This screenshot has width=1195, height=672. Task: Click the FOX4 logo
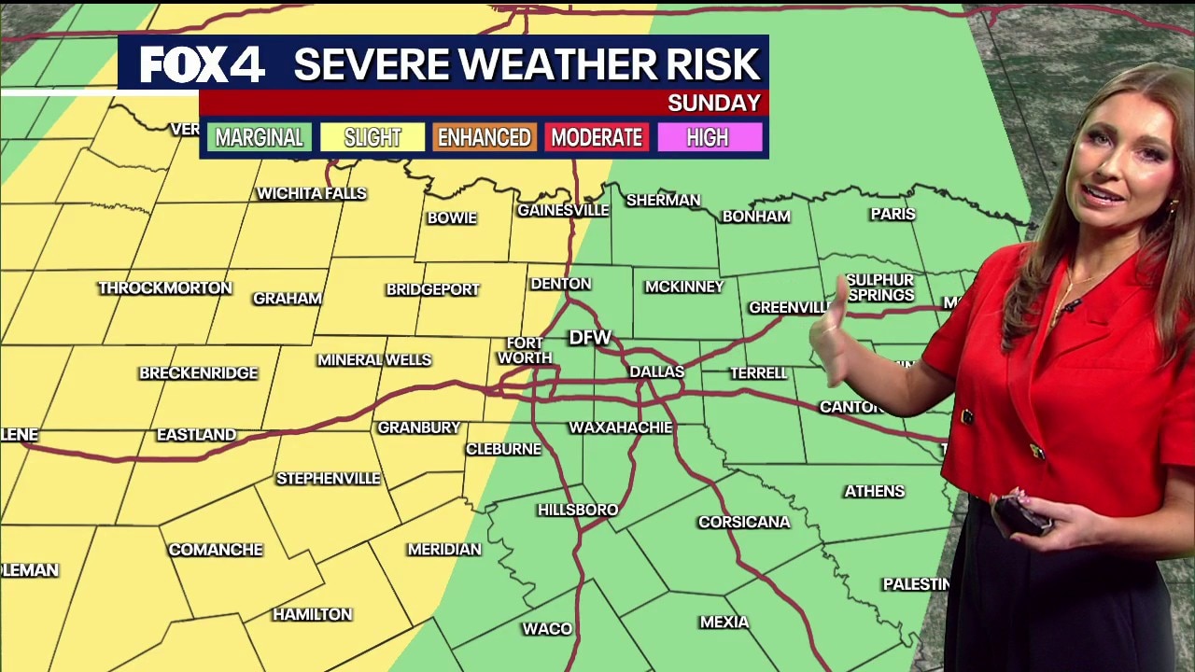tap(203, 65)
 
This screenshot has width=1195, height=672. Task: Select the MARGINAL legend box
tap(259, 138)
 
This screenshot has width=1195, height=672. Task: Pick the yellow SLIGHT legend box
tap(372, 138)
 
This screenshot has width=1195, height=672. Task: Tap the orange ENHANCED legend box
tap(484, 138)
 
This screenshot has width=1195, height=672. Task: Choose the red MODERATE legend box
tap(597, 138)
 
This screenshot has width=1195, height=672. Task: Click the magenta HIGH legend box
tap(708, 138)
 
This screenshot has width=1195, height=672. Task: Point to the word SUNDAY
tap(714, 103)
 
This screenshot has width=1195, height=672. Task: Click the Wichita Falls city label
tap(312, 193)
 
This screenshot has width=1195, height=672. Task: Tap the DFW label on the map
tap(590, 337)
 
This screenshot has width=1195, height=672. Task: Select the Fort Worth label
tap(525, 351)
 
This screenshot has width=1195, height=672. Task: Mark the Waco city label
tap(547, 629)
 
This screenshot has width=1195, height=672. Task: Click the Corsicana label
tap(744, 522)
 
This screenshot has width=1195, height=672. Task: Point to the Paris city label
tap(893, 214)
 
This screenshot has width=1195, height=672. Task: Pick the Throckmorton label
tap(165, 287)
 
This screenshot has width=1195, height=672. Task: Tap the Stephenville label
tap(329, 478)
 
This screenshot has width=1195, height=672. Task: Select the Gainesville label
tap(563, 210)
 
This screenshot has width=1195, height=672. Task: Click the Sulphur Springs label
tap(880, 287)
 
